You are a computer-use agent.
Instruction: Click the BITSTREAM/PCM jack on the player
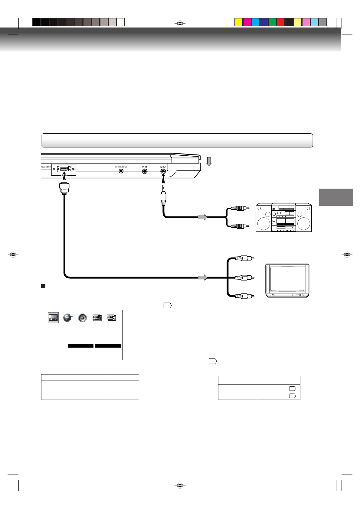tap(121, 171)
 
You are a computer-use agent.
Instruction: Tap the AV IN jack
tap(145, 171)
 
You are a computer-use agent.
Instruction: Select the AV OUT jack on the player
tap(163, 171)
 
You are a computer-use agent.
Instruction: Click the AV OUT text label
tap(163, 167)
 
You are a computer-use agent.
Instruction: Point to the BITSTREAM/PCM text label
tap(121, 167)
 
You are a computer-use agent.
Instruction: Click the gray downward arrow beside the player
tap(209, 161)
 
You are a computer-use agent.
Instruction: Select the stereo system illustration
tap(283, 218)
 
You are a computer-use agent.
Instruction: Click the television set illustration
tap(287, 281)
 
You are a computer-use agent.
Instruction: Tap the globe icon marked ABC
tap(67, 318)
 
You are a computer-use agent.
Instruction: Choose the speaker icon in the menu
tap(82, 318)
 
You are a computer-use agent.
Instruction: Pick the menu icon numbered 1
tap(97, 318)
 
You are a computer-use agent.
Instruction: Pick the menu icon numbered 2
tap(112, 318)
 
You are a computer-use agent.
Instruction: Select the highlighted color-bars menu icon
tap(53, 318)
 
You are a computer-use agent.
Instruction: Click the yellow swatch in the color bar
tap(239, 22)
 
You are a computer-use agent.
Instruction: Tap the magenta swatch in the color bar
tap(247, 22)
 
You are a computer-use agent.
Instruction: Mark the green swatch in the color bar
tap(272, 22)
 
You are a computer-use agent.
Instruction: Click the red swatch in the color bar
tap(281, 22)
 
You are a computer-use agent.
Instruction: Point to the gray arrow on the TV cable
tap(202, 277)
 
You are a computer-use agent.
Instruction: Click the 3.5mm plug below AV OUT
tap(163, 196)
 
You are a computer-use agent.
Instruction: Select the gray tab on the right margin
tap(336, 197)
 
